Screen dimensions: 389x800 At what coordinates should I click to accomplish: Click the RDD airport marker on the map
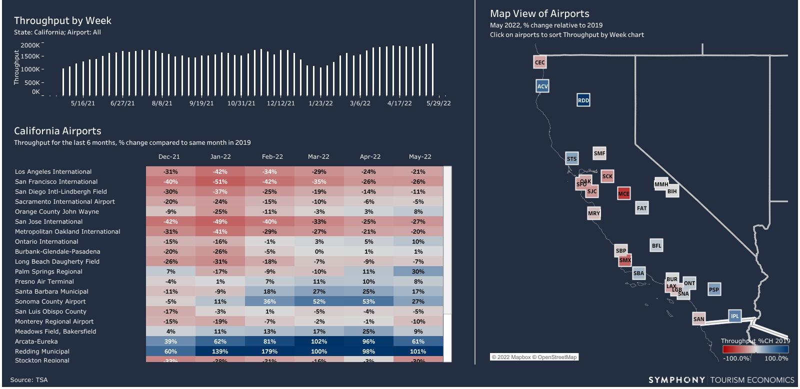pos(583,100)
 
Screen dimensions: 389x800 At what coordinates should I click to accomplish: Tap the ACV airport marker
pos(542,86)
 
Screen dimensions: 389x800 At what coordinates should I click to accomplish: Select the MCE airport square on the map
pos(623,194)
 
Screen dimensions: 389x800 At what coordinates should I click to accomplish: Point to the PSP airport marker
pos(714,289)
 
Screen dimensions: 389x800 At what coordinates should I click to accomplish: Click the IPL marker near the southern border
pos(734,316)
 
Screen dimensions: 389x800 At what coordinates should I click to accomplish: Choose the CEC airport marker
pos(539,62)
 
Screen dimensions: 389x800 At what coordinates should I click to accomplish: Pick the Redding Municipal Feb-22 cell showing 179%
pos(269,352)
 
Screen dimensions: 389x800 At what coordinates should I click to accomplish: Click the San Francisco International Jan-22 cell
pos(220,182)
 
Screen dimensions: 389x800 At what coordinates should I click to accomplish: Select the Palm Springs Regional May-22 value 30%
pos(418,272)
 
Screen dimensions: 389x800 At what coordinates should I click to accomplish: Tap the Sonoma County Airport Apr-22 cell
pos(368,302)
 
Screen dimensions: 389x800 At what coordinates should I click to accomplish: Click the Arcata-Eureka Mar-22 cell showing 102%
pos(319,342)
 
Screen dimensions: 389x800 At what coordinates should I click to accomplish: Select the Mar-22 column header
pos(318,157)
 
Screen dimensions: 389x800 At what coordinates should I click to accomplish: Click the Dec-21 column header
pos(169,157)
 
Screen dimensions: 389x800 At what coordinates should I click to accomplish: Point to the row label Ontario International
pos(46,242)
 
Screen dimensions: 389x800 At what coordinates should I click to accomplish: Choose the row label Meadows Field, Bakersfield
pos(55,332)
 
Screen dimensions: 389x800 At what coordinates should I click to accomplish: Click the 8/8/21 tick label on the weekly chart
pos(162,103)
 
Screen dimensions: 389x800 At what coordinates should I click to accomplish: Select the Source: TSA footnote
pos(29,380)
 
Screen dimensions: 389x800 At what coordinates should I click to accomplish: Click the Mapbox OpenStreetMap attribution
pos(534,357)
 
